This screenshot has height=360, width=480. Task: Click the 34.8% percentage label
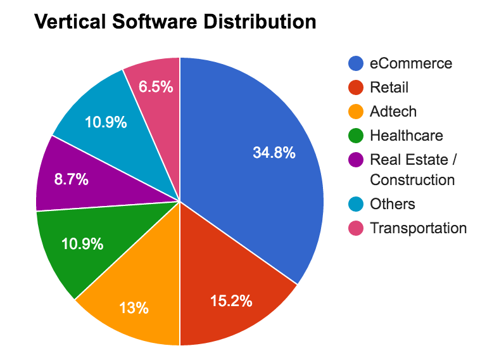274,153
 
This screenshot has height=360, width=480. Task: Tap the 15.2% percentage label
231,300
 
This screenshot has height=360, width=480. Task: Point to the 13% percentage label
134,308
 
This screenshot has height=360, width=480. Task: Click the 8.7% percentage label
72,179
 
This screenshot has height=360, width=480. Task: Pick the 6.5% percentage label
156,87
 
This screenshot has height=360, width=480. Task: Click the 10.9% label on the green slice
82,243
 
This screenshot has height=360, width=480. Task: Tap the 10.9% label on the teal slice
106,122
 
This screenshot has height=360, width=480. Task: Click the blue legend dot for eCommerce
356,63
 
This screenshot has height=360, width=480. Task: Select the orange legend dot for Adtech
356,112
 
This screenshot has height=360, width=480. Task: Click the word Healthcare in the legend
406,135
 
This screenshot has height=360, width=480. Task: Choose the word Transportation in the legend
418,228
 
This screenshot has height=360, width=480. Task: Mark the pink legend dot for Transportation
356,228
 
